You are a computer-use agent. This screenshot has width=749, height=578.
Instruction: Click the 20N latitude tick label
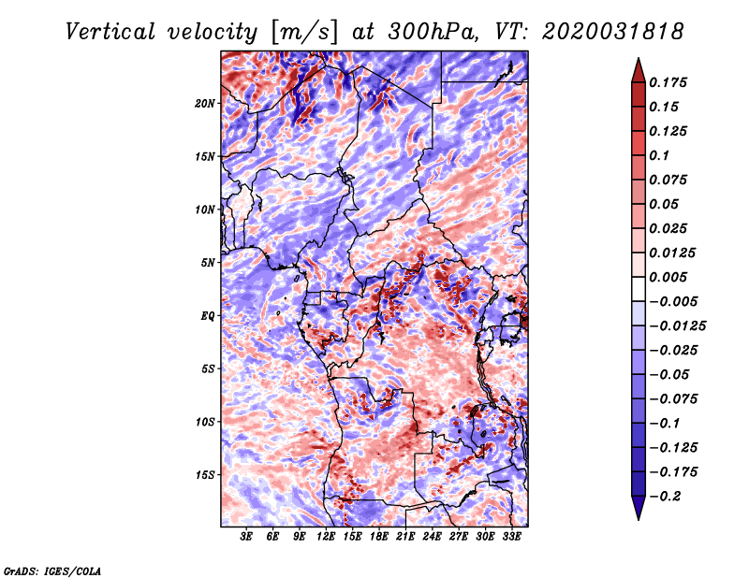coord(205,103)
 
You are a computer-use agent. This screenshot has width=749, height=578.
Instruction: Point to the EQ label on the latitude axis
coord(208,315)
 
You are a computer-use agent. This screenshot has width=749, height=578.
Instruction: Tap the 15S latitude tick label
coord(205,475)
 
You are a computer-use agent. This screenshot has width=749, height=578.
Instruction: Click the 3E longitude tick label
coord(247,537)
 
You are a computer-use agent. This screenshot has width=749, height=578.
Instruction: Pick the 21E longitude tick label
coord(406,537)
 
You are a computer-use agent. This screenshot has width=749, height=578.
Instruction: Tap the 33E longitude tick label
coord(512,537)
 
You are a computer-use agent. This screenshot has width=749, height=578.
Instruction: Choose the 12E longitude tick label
coord(327,537)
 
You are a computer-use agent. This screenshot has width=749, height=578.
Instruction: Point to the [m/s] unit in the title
coord(301,32)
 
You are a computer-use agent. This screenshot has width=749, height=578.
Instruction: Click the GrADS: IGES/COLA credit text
coord(52,570)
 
